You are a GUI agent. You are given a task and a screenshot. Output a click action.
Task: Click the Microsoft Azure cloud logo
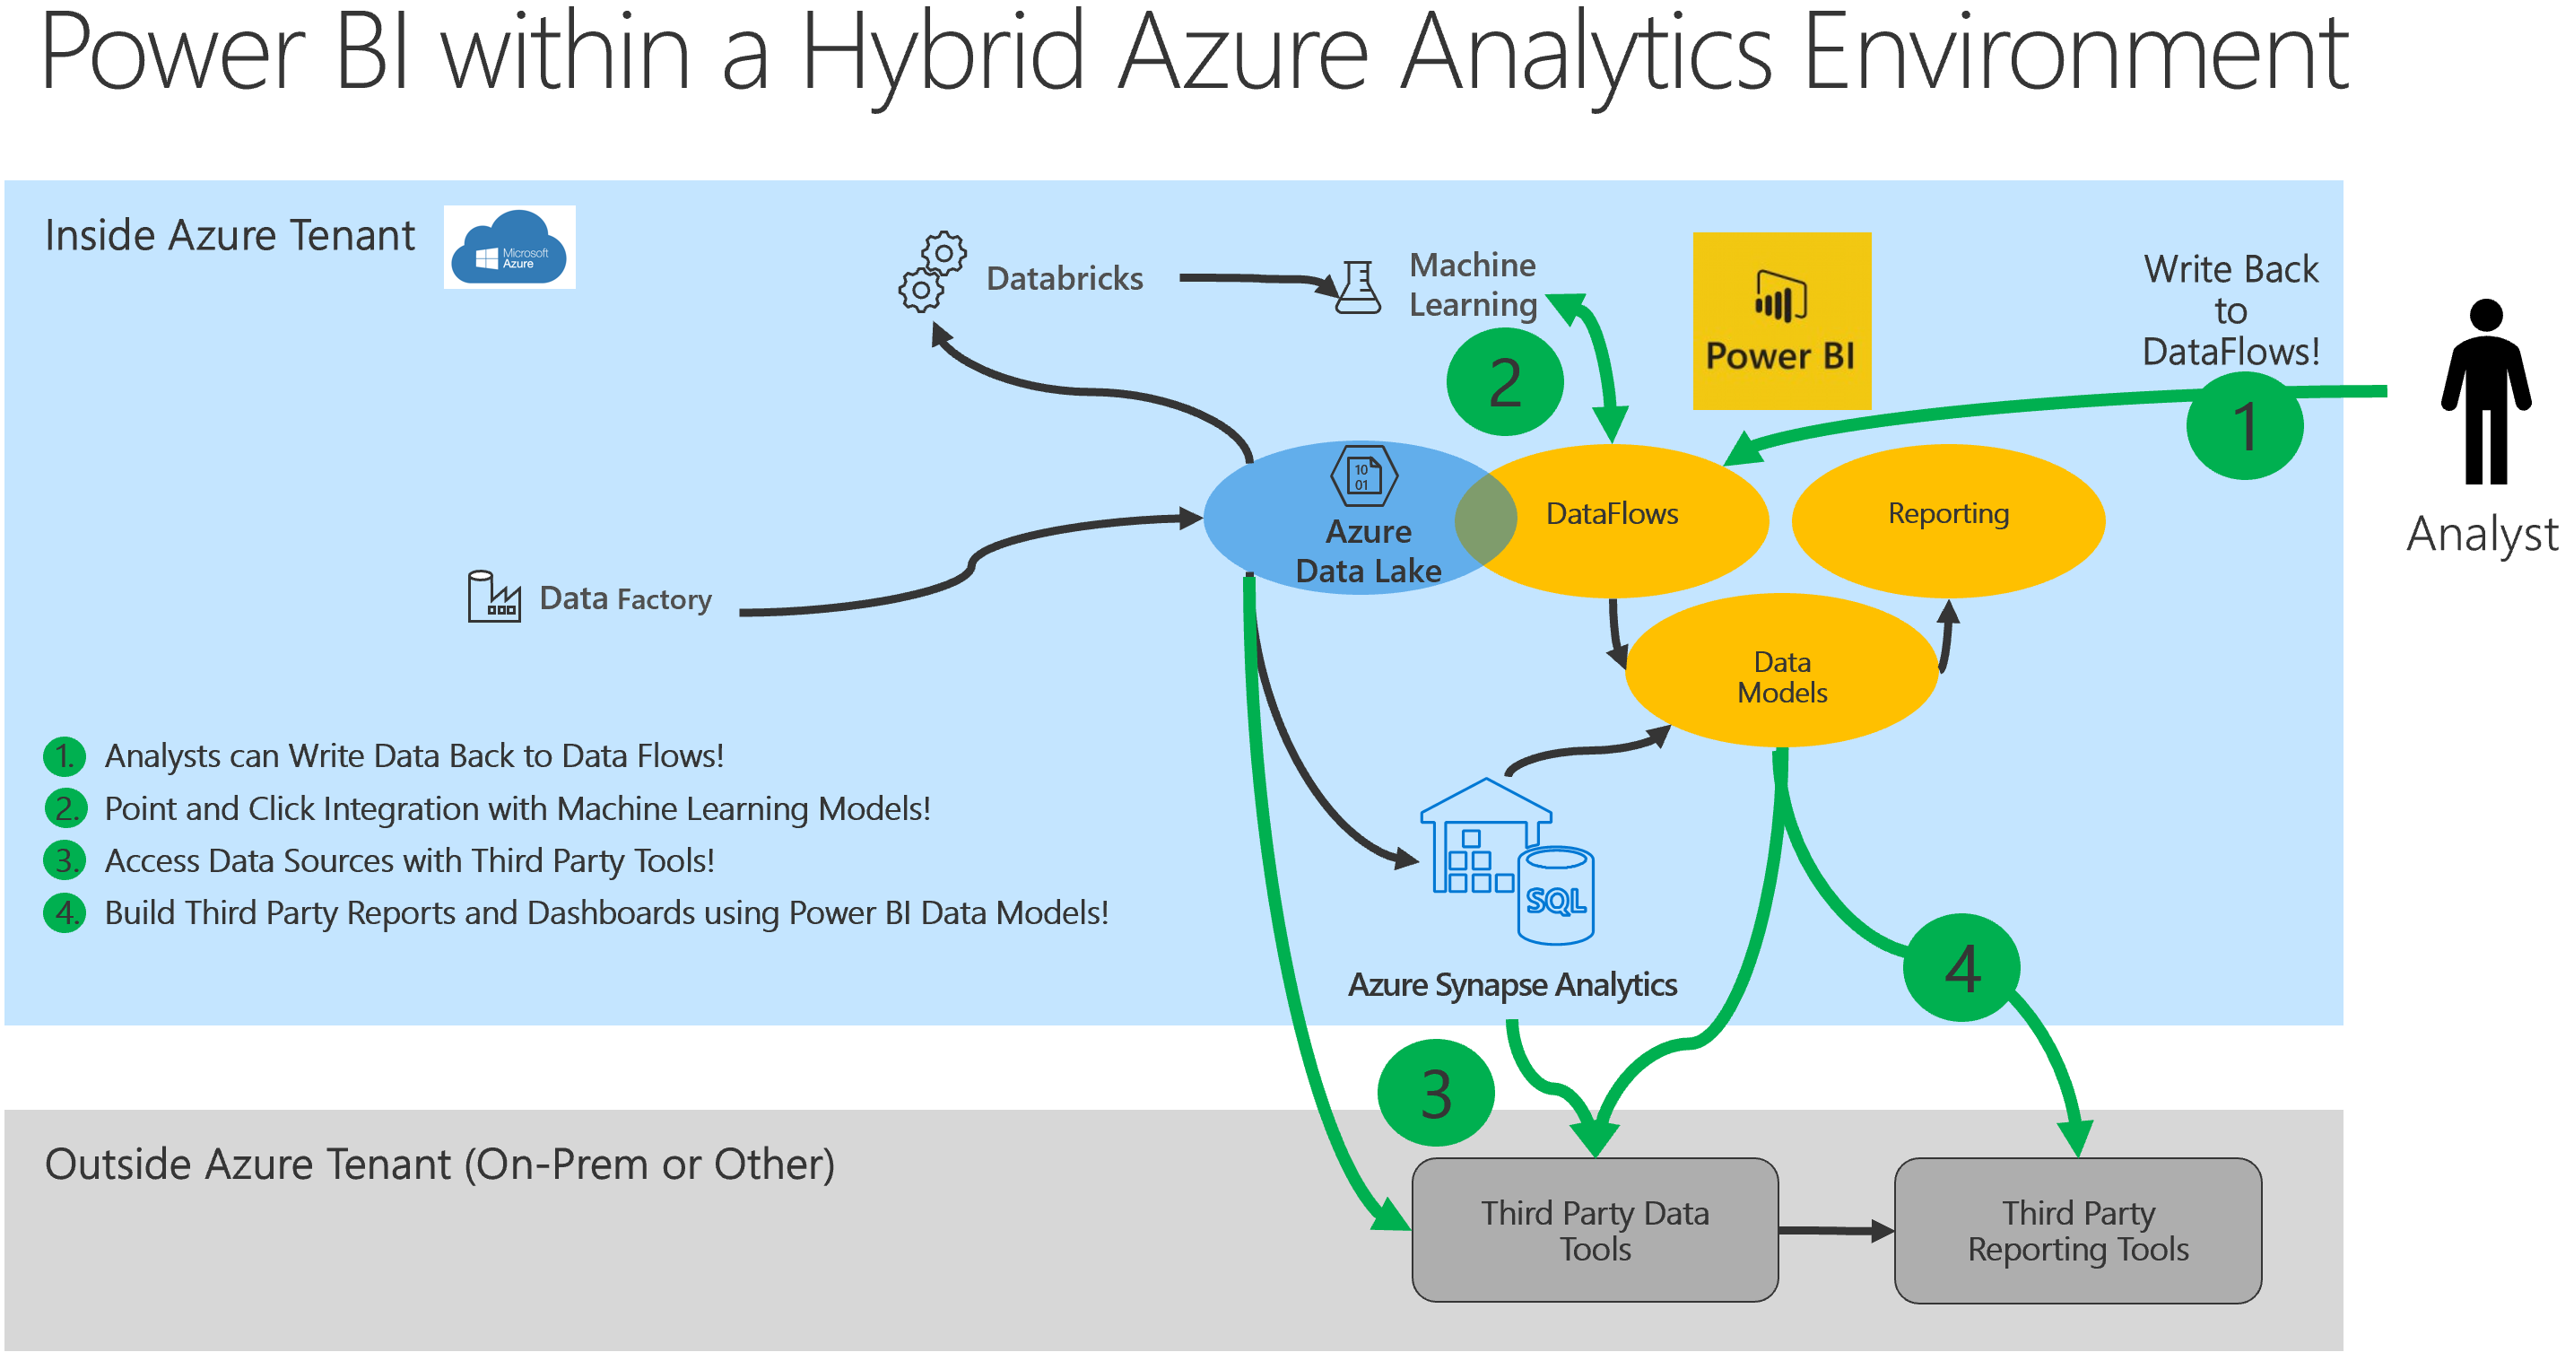(x=509, y=247)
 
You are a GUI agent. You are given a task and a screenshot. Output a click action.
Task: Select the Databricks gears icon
(x=931, y=273)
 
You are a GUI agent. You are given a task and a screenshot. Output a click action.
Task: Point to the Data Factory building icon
(x=493, y=597)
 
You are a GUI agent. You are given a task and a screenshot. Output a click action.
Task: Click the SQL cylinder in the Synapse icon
(x=1555, y=895)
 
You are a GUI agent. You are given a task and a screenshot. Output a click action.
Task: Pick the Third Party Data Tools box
(x=1594, y=1229)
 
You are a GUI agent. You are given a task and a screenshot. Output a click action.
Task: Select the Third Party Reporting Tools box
(x=2077, y=1230)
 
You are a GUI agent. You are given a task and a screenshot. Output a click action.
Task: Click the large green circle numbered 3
(x=1435, y=1094)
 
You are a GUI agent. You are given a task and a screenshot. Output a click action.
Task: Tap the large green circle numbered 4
(x=1961, y=967)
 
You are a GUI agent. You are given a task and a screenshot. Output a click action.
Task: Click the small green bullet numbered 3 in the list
(x=65, y=860)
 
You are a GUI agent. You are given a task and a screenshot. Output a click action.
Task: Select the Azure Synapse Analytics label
(x=1511, y=985)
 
